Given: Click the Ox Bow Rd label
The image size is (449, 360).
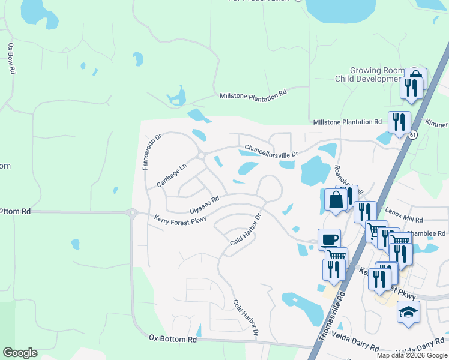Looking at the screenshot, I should coord(11,58).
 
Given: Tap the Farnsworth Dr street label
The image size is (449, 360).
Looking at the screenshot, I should coord(152,152).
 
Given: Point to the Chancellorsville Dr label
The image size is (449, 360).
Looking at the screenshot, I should coord(271,151).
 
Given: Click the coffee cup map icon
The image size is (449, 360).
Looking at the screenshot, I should coord(328,239).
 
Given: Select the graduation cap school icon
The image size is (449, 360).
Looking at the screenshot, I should coord(408,312).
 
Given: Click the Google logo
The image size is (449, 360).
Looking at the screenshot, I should coord(20,352).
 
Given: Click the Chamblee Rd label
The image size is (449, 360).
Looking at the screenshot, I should coord(427,233).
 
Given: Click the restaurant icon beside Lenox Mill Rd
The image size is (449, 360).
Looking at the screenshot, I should coord(364,212).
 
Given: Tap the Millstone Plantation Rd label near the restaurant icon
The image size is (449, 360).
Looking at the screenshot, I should coord(347,122).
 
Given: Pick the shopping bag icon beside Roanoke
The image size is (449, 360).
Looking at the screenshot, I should coord(336,199).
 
